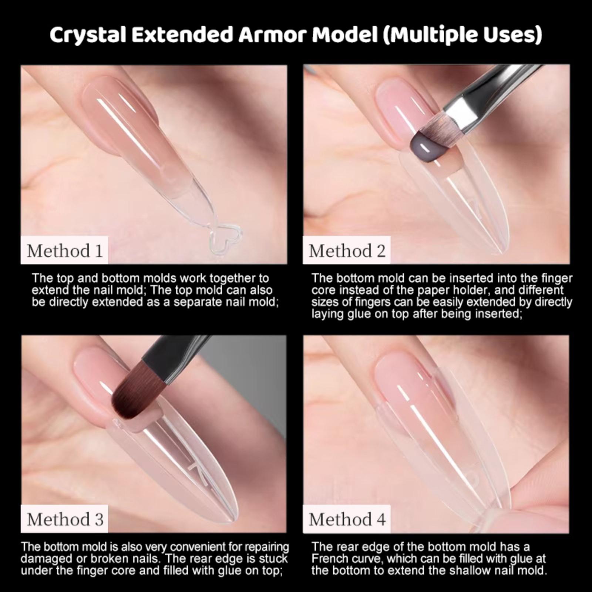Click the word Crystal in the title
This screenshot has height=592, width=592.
click(87, 35)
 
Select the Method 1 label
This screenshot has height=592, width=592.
click(65, 251)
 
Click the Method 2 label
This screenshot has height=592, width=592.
click(347, 251)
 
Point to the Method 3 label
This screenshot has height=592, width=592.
click(65, 519)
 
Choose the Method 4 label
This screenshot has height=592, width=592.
click(347, 519)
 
